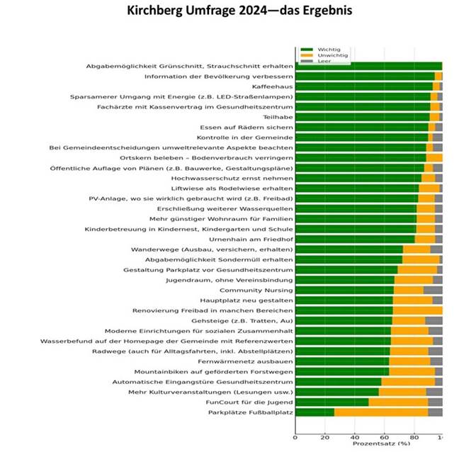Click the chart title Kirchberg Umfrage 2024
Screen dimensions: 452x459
point(229,12)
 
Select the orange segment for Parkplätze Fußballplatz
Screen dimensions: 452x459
point(381,412)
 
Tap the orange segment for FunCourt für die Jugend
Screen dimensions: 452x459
point(398,402)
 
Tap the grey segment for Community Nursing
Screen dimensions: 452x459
point(433,290)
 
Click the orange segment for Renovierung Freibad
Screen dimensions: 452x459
point(417,310)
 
